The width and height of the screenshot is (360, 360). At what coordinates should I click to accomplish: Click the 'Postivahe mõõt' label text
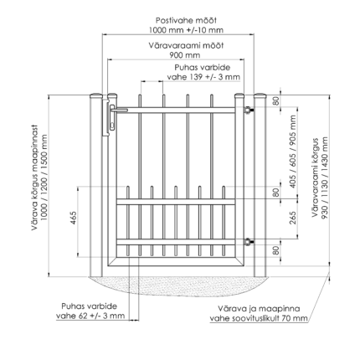pyautogui.click(x=186, y=20)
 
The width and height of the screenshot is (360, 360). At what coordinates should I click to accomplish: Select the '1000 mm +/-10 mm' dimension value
pyautogui.click(x=186, y=30)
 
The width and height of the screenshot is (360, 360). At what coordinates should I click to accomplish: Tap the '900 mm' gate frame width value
pyautogui.click(x=185, y=55)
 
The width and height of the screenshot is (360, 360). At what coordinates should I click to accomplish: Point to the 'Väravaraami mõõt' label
pyautogui.click(x=186, y=45)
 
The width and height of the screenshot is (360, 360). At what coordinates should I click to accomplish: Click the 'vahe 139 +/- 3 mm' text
pyautogui.click(x=203, y=77)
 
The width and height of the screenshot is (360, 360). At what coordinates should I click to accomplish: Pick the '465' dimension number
pyautogui.click(x=73, y=218)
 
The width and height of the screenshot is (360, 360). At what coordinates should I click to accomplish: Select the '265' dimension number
pyautogui.click(x=293, y=218)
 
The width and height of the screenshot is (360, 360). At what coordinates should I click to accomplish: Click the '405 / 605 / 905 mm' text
pyautogui.click(x=293, y=152)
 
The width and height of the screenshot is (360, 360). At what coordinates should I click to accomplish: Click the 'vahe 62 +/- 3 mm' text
pyautogui.click(x=90, y=316)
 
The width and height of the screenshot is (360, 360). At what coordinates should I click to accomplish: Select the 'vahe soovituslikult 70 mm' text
pyautogui.click(x=259, y=318)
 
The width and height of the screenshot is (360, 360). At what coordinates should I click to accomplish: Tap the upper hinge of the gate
pyautogui.click(x=249, y=110)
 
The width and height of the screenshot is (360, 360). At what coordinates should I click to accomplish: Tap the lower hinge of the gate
pyautogui.click(x=249, y=242)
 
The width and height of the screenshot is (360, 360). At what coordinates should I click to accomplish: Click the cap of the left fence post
pyautogui.click(x=96, y=95)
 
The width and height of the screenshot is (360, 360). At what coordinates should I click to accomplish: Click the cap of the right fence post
pyautogui.click(x=260, y=95)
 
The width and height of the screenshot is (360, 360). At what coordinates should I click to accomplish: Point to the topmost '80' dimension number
pyautogui.click(x=275, y=100)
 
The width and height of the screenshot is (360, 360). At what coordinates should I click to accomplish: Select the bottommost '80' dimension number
pyautogui.click(x=275, y=250)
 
